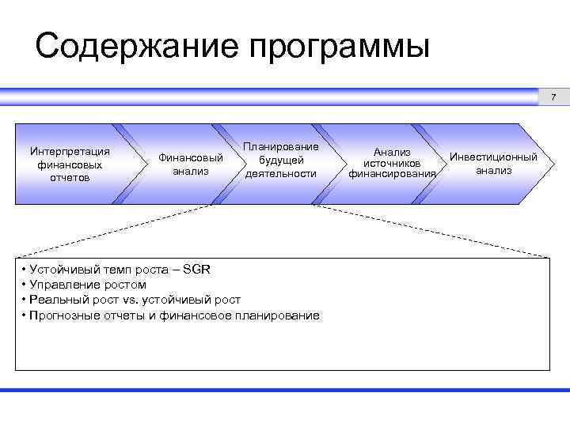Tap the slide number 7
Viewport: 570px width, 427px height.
[x=554, y=97]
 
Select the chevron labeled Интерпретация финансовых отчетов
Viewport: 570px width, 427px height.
[x=69, y=164]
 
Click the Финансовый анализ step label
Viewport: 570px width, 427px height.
[x=191, y=164]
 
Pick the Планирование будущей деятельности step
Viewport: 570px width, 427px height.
[x=280, y=160]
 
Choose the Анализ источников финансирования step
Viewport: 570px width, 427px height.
[x=392, y=163]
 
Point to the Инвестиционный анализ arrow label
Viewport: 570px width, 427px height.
[x=493, y=163]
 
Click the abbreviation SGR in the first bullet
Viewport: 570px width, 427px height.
[x=196, y=269]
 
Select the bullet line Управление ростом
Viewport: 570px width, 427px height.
[x=87, y=285]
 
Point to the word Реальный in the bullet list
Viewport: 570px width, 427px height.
[x=53, y=300]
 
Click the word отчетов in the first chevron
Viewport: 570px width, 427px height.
[x=69, y=177]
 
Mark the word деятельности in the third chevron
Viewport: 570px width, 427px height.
[x=280, y=173]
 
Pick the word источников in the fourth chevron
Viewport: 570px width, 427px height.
[x=392, y=164]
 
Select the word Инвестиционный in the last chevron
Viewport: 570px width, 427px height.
[x=493, y=157]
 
